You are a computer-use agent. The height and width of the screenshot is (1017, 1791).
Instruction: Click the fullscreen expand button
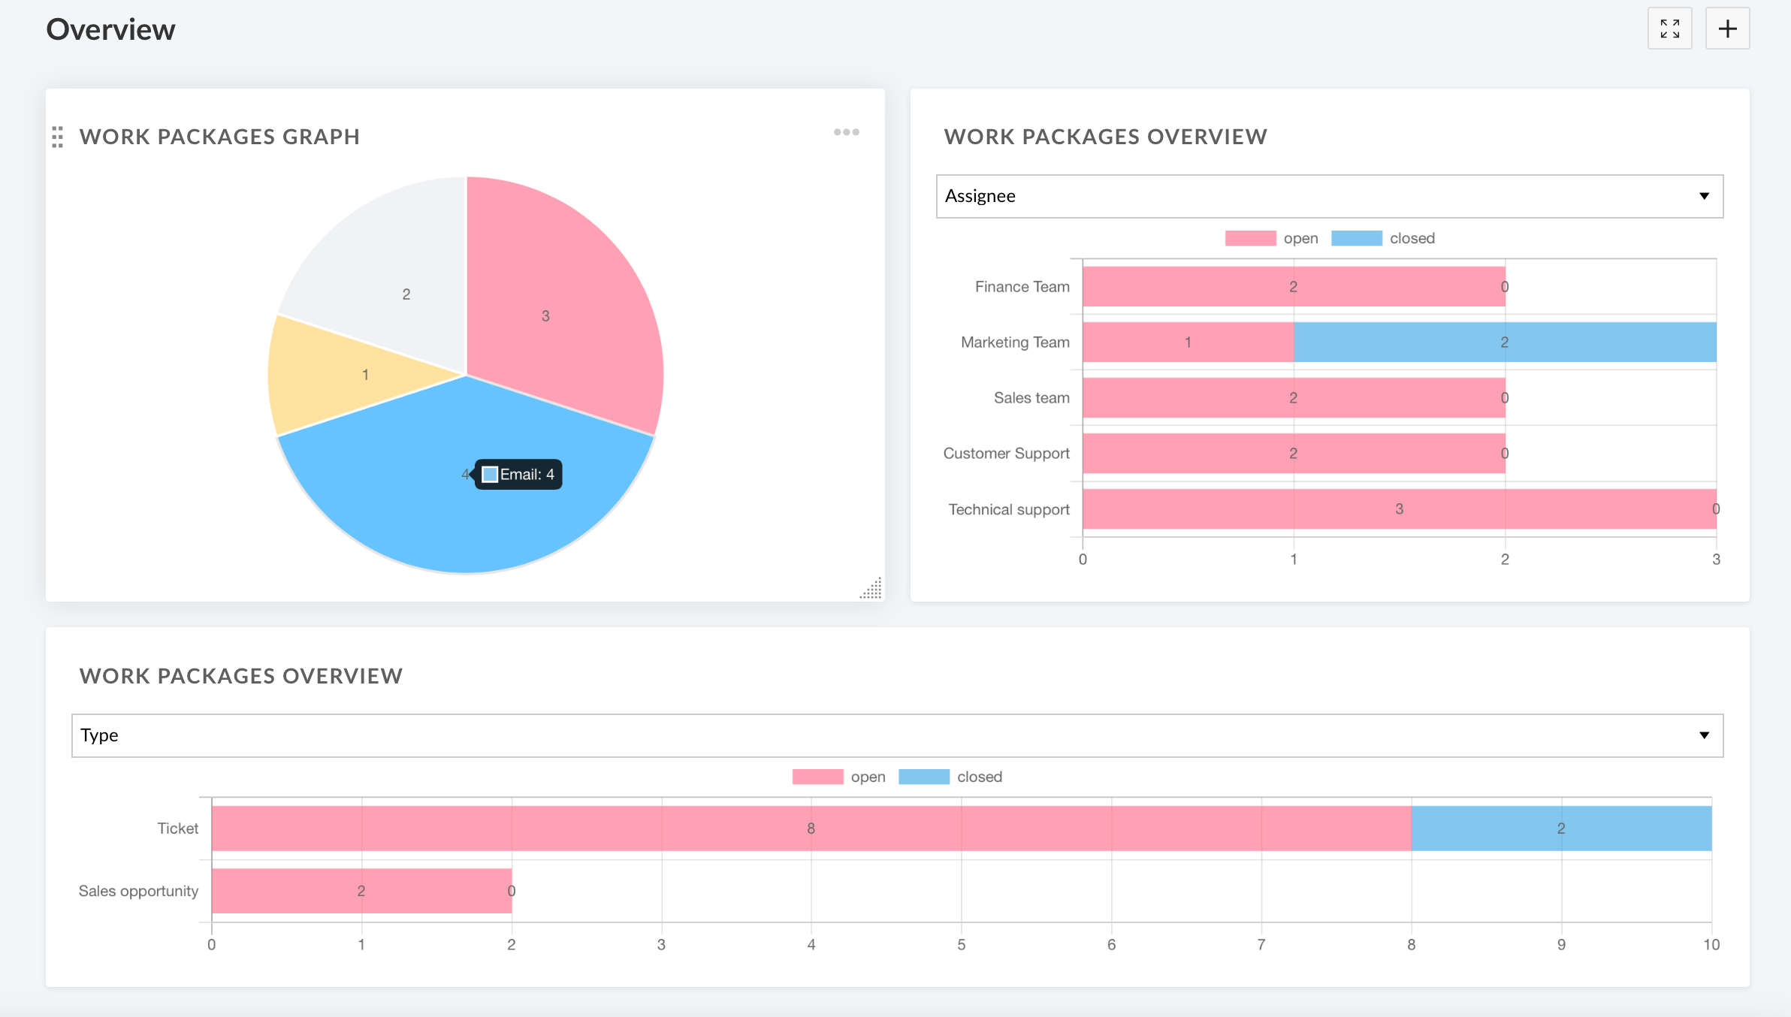tap(1669, 29)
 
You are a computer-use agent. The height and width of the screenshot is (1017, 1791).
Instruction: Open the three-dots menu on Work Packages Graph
tap(846, 132)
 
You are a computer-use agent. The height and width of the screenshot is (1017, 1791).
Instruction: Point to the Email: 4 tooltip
tap(518, 475)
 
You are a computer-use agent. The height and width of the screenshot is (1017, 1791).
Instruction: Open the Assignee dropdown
tap(1329, 196)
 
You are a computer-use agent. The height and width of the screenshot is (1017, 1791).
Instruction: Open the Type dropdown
tap(897, 735)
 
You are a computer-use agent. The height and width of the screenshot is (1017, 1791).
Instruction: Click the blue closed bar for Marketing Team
tap(1504, 343)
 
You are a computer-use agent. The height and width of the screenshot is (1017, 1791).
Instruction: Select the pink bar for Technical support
tap(1399, 509)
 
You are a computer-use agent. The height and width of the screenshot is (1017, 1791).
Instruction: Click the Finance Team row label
tap(1022, 287)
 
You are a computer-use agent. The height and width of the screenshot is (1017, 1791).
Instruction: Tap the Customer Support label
tap(1006, 454)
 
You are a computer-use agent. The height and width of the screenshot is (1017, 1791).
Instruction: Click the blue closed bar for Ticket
tap(1560, 828)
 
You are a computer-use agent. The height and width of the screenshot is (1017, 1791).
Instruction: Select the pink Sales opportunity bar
tap(361, 891)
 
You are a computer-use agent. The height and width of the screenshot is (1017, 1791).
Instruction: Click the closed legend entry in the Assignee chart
tap(1384, 239)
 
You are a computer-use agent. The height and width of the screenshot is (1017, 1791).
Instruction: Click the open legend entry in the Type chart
tap(839, 777)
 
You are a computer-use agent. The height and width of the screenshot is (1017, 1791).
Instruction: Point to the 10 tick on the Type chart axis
tap(1711, 945)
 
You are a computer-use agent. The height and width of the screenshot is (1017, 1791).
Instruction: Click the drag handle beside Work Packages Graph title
tap(58, 137)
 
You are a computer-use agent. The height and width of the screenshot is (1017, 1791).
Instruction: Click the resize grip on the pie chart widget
tap(871, 589)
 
